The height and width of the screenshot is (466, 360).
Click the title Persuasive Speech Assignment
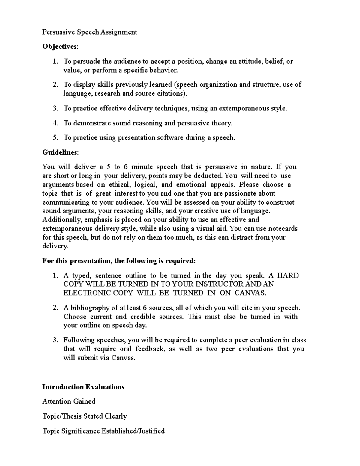pos(90,32)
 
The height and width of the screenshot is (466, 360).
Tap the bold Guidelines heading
pos(60,152)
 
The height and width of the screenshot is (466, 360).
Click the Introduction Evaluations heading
pos(83,387)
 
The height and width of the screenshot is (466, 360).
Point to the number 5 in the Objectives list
pos(55,137)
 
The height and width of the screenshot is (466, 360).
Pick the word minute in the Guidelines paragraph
pos(142,167)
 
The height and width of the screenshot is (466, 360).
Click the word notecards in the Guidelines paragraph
pos(283,228)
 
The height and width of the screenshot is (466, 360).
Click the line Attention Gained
pos(69,401)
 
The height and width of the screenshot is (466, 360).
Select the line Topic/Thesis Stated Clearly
pos(85,416)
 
